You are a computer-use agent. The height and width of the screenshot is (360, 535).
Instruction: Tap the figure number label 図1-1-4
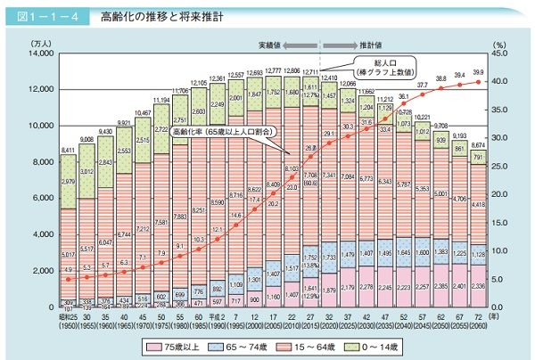pos(46,16)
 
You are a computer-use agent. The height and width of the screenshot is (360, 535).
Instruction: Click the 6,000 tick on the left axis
pos(40,199)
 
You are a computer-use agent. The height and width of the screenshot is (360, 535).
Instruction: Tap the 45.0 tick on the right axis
pos(503,54)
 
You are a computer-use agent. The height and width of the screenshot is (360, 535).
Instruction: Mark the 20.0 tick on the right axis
pos(503,194)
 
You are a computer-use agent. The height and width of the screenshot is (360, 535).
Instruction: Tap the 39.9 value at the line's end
pos(479,72)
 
